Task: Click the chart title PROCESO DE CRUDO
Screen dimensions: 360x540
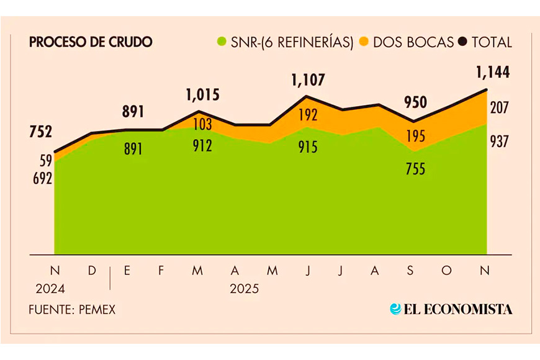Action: (91, 42)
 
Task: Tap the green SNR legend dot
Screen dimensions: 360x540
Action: (220, 42)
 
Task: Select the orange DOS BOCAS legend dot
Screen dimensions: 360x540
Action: (363, 42)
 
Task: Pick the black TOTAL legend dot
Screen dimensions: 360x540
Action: (462, 42)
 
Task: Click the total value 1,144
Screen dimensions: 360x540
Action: (493, 73)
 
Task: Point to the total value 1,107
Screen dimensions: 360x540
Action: (308, 80)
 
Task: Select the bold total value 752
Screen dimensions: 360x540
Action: (41, 132)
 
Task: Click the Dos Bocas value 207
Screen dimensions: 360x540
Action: (499, 107)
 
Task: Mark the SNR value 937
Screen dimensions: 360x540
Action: (499, 142)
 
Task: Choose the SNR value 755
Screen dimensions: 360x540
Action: (415, 168)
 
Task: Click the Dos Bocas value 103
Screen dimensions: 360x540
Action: (202, 124)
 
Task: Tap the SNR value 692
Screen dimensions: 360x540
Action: (42, 178)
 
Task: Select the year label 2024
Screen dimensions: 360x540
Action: (50, 289)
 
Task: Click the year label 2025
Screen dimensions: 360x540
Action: (245, 289)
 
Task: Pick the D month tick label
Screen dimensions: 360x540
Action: (91, 271)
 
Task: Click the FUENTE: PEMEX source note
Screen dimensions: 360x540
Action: (72, 309)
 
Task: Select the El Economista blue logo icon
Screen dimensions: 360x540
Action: (395, 308)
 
